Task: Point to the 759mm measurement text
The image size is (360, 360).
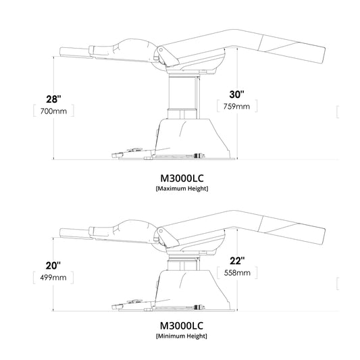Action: (x=235, y=106)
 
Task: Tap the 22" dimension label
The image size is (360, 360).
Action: (x=235, y=260)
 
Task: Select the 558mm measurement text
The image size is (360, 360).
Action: (x=235, y=273)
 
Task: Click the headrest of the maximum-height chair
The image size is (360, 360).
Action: (x=81, y=51)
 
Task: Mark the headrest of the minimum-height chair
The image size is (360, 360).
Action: (x=81, y=230)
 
